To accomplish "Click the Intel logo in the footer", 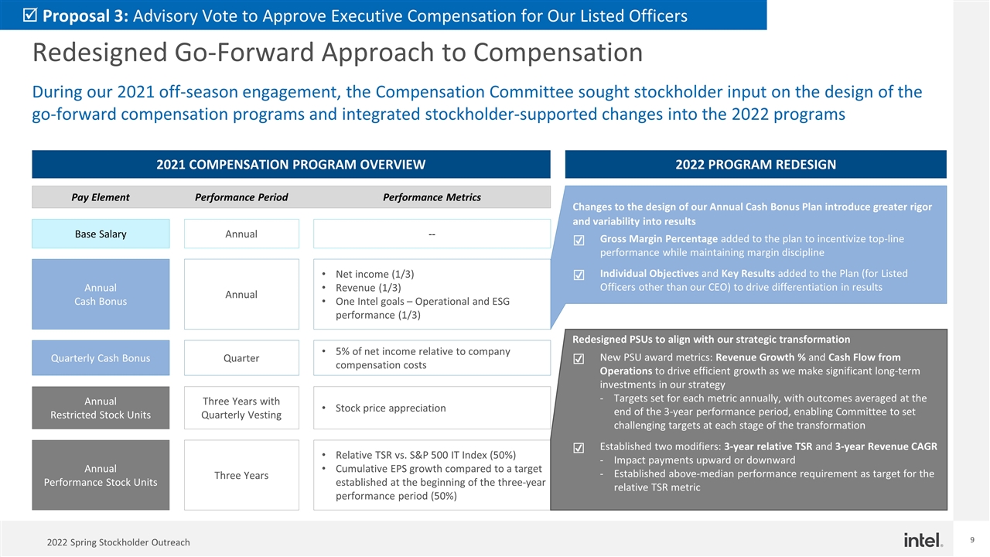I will pos(923,539).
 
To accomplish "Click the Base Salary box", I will pos(101,234).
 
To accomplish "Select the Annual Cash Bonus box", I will pos(101,294).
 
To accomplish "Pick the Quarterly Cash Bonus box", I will pos(101,357).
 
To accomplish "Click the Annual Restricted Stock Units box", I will pos(101,408).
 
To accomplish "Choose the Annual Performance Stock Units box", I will pos(101,475).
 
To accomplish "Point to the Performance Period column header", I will pos(241,197).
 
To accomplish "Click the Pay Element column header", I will pos(101,197).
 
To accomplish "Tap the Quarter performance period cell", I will pos(241,357).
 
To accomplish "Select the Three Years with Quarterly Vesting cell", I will pos(241,408).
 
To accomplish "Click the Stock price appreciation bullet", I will pos(390,408).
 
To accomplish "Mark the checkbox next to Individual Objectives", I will pos(579,275).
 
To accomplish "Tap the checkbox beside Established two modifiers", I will pos(579,448).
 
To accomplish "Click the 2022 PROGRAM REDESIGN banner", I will pos(756,164).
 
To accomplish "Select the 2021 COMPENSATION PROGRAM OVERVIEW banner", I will pos(291,164).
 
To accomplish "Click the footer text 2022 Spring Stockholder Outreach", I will pos(118,542).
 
